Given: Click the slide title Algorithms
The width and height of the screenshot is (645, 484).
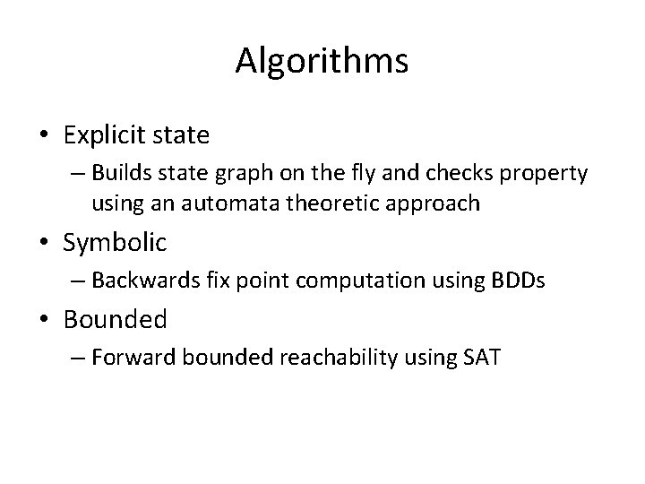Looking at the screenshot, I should click(322, 61).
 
